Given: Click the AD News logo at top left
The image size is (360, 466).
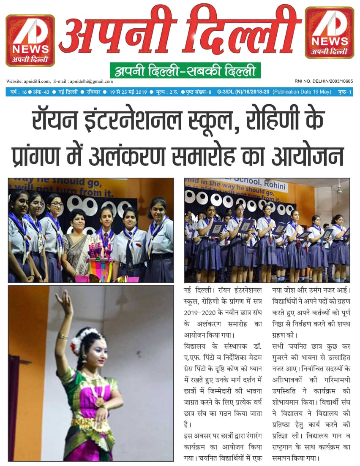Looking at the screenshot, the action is [30, 40].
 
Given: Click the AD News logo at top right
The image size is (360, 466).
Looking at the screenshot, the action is [329, 33].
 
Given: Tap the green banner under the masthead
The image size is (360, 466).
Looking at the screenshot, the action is [185, 70].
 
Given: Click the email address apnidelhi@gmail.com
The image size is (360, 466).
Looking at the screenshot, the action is [91, 81].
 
